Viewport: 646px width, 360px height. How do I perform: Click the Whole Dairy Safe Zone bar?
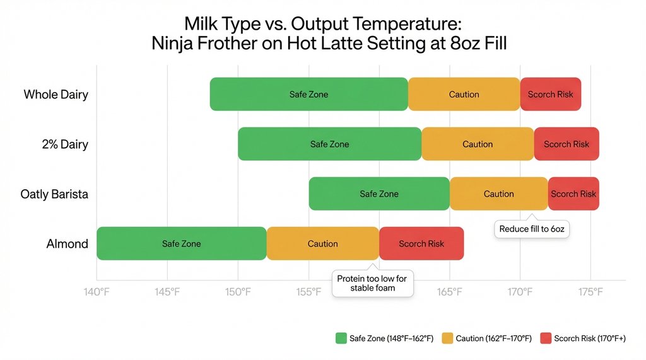[308, 95]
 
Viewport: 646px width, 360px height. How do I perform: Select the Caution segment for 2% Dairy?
[478, 144]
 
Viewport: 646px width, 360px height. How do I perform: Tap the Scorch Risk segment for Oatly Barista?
[573, 194]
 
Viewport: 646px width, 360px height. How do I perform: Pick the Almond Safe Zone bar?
[181, 244]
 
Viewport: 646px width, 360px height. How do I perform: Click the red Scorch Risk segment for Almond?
[421, 244]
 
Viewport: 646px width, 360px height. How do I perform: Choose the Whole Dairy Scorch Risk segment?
[550, 95]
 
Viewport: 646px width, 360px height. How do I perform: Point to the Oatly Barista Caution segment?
[498, 194]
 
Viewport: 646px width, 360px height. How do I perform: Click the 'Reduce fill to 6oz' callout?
[531, 229]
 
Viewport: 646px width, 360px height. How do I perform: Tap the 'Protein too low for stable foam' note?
[372, 283]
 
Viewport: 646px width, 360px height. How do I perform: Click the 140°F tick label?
[97, 292]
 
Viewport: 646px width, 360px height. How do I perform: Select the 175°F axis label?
[590, 292]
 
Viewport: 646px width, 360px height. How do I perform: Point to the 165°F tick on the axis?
[449, 292]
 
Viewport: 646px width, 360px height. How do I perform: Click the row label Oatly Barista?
[54, 194]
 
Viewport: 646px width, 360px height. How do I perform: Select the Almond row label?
[68, 244]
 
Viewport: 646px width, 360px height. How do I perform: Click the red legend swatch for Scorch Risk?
[545, 339]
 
